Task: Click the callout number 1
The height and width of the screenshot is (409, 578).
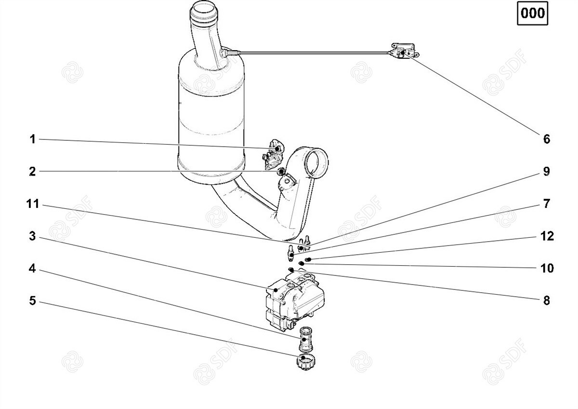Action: (33, 139)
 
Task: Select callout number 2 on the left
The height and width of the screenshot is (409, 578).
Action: (32, 172)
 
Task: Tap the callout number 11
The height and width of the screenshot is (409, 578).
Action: (33, 204)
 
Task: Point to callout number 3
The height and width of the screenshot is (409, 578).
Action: (32, 236)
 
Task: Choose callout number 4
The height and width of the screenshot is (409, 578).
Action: (32, 269)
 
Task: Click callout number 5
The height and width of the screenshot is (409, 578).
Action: (32, 301)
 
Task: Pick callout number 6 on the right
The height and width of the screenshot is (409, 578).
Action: (547, 139)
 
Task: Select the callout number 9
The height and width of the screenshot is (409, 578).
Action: (547, 172)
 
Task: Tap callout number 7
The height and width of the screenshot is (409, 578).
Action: (547, 204)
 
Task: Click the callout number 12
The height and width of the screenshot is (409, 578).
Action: (547, 236)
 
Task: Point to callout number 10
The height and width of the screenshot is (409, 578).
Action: (547, 269)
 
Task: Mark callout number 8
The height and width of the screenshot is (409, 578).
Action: (547, 301)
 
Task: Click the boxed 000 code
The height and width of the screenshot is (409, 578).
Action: (533, 13)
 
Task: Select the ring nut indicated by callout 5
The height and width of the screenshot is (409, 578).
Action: (306, 363)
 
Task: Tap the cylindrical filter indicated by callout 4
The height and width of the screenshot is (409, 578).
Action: (306, 339)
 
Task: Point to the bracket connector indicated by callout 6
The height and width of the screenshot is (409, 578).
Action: (404, 51)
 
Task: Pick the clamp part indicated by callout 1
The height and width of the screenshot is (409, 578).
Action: (273, 154)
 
